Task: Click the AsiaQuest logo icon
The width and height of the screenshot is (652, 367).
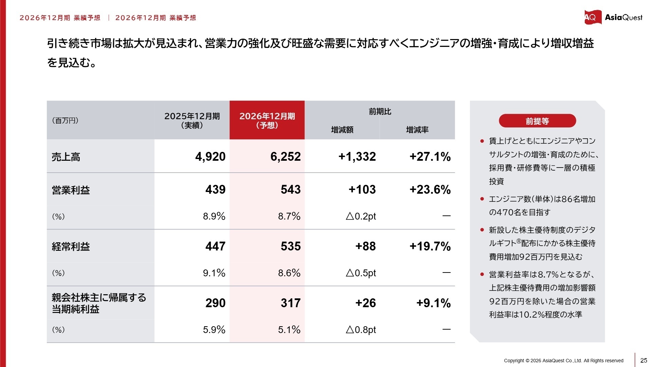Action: point(592,17)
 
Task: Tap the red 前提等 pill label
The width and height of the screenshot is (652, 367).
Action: point(537,121)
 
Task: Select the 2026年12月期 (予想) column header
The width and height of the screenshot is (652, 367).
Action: point(267,120)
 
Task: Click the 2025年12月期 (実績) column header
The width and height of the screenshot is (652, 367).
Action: point(192,120)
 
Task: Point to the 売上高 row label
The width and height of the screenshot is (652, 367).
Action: point(66,157)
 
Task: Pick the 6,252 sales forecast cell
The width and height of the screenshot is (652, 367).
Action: point(285,157)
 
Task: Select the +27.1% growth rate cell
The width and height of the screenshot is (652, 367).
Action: point(430,157)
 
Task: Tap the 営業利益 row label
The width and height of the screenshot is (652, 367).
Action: point(71,190)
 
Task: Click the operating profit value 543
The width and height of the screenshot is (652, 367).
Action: point(290,190)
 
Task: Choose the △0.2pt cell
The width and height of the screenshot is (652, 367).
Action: point(361,216)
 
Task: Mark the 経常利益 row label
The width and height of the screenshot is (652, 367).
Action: point(71,247)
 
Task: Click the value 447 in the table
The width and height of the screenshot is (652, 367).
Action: point(215,246)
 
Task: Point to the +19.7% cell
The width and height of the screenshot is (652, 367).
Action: point(430,246)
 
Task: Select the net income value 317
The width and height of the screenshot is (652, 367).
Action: point(290,303)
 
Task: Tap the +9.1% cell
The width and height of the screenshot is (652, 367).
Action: point(433,303)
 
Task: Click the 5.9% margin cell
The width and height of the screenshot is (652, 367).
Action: point(214,330)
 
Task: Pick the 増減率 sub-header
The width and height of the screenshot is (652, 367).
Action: point(417,130)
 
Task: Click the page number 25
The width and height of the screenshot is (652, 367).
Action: point(644,361)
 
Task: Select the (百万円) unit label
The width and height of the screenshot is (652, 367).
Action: point(65,120)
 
